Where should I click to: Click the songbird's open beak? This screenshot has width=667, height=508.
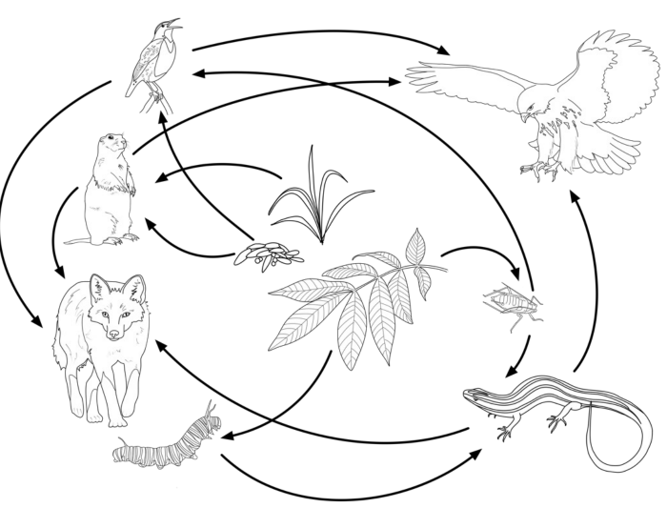[173, 23]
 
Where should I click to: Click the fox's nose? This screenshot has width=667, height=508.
[114, 335]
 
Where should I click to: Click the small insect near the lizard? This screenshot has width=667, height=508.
[513, 305]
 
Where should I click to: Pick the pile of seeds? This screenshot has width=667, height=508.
[269, 254]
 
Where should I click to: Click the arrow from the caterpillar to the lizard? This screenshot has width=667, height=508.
[353, 481]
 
